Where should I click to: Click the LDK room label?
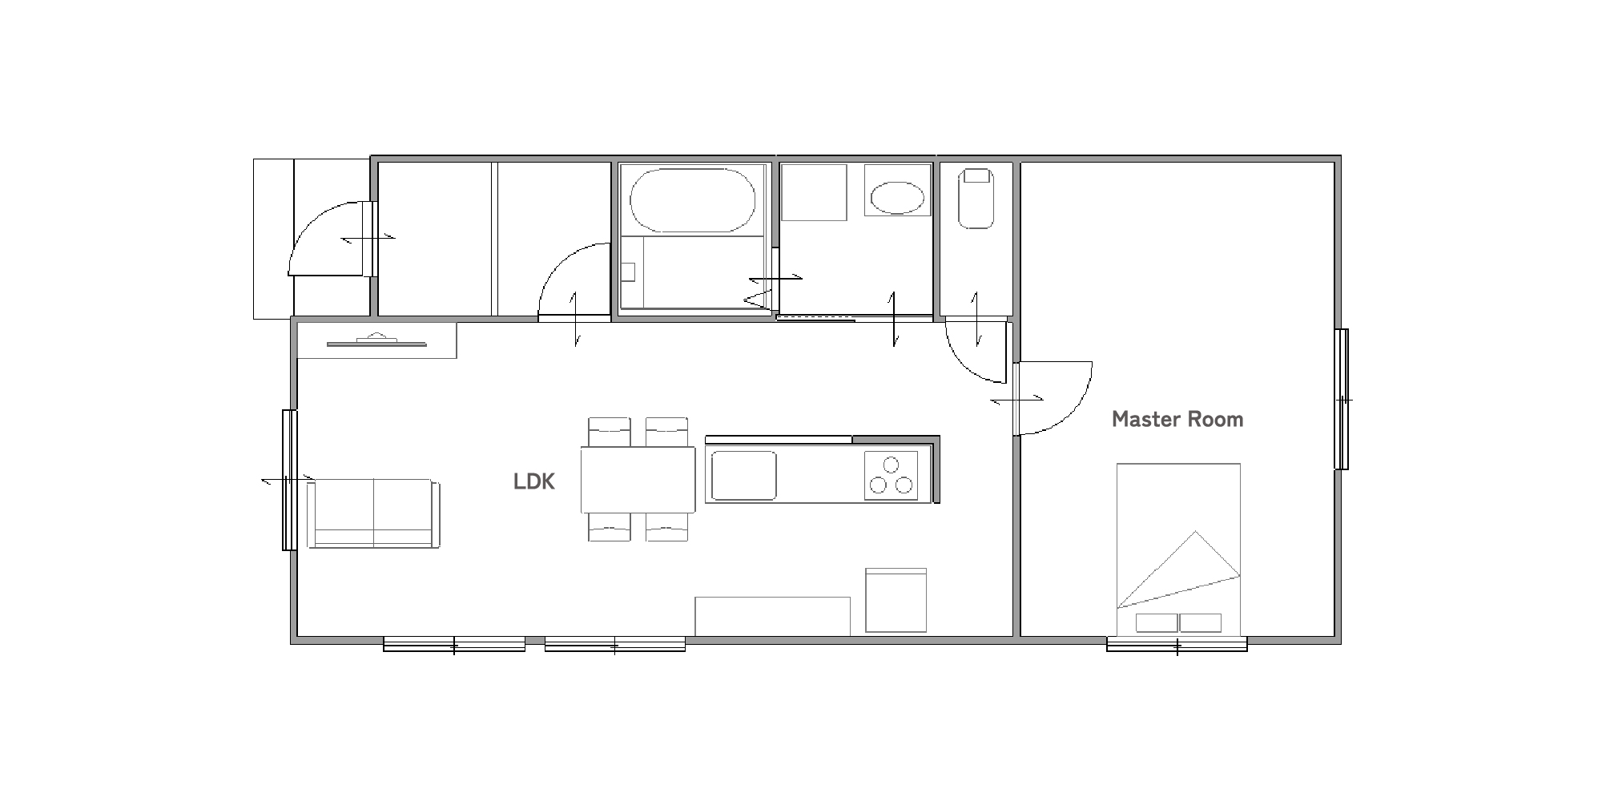click(x=533, y=481)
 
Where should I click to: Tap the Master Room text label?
click(x=1177, y=419)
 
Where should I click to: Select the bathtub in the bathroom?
click(x=693, y=200)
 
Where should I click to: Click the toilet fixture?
click(x=977, y=198)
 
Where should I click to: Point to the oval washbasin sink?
click(x=897, y=197)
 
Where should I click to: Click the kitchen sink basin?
click(x=743, y=475)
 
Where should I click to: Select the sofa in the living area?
click(x=374, y=513)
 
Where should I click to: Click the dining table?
click(x=638, y=480)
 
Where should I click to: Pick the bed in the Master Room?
click(x=1178, y=549)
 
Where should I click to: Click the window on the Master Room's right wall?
click(x=1342, y=399)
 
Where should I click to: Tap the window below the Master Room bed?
click(x=1177, y=643)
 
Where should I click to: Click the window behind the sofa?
click(x=289, y=480)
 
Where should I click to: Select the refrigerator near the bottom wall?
click(x=896, y=601)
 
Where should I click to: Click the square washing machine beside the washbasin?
click(x=814, y=192)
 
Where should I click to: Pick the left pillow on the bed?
click(x=1157, y=622)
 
